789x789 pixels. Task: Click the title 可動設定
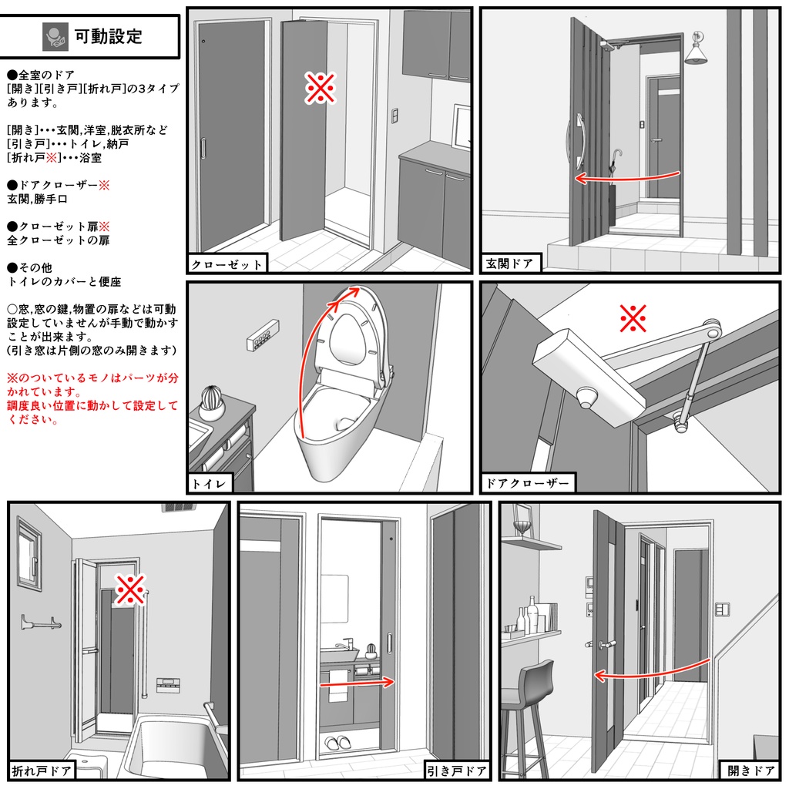[x=109, y=36]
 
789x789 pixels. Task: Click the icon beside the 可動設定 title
[x=55, y=36]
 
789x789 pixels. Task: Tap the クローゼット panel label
[x=227, y=264]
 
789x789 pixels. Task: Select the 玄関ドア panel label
[x=509, y=264]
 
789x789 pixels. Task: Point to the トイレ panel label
[x=210, y=484]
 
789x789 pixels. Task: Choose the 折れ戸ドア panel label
[x=42, y=770]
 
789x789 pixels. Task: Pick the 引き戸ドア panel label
[x=456, y=770]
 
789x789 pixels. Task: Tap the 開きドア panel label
[x=750, y=770]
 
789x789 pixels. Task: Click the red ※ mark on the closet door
[x=320, y=89]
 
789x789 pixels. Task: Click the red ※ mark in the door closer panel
[x=633, y=317]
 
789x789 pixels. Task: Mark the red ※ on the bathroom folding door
[x=130, y=589]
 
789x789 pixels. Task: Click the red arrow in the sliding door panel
[x=357, y=682]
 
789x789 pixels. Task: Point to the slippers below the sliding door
[x=336, y=744]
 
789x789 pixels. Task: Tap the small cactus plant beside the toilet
[x=212, y=401]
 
